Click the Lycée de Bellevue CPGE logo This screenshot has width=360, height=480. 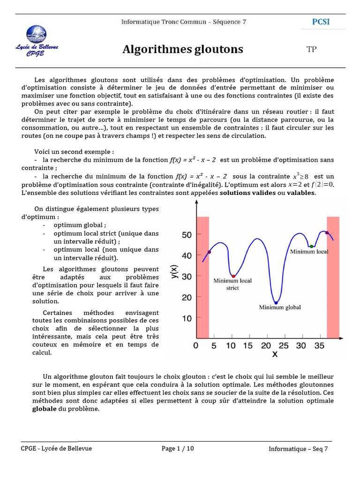tap(37, 41)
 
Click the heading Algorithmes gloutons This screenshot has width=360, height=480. tap(183, 49)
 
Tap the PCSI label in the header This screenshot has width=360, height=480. tap(321, 22)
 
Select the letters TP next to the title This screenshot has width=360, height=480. tap(312, 50)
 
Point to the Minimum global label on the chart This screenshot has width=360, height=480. tap(280, 307)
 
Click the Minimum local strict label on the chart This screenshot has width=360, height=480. tap(232, 284)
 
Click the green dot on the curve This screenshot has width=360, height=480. tap(311, 246)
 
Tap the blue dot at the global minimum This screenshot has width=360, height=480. tap(276, 303)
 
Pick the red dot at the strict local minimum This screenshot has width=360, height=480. tap(233, 276)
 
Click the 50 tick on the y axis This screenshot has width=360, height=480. tap(187, 235)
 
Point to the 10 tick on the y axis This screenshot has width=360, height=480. tap(187, 319)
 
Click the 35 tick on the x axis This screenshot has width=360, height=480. tap(319, 346)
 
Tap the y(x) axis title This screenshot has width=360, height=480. tap(174, 272)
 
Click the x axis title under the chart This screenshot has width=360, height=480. tap(275, 354)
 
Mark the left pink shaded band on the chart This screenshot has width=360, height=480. tap(202, 277)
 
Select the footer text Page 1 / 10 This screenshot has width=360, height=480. tap(178, 449)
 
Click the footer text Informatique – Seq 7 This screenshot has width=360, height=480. tap(298, 449)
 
